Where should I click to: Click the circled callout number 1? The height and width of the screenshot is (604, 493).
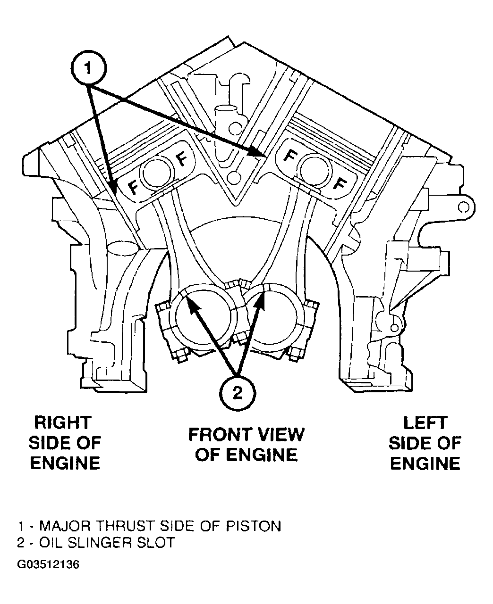(89, 68)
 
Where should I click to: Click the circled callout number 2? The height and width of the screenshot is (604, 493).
(238, 393)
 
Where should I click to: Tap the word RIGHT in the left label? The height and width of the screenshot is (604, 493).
(63, 422)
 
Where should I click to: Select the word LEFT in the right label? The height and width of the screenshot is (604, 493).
(425, 422)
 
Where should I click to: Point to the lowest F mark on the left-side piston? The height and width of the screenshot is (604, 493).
(340, 184)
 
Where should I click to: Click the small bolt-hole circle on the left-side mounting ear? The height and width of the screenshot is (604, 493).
(464, 207)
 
